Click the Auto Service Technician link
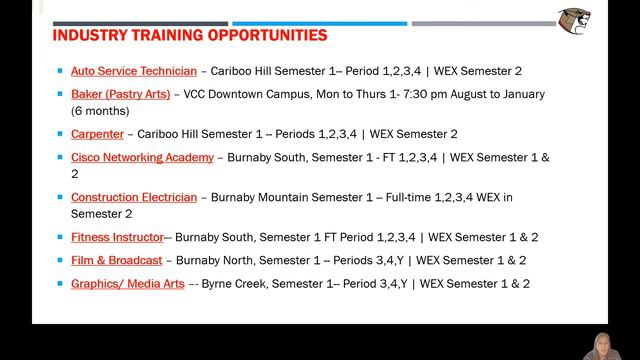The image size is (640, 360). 120,72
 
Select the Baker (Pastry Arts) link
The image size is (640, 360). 120,95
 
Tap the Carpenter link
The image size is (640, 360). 97,134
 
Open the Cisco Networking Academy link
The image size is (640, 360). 142,158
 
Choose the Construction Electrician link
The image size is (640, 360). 134,198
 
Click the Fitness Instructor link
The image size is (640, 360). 116,238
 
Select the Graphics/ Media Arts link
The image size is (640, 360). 127,284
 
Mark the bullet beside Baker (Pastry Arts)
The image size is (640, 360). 60,94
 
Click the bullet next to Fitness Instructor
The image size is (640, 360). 60,237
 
